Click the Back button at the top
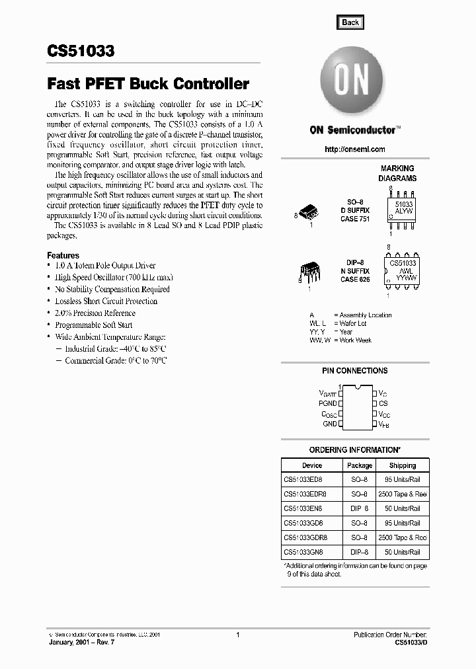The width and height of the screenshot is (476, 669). tap(350, 22)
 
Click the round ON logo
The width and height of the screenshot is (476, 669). tap(350, 81)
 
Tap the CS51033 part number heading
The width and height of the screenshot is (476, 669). tap(81, 52)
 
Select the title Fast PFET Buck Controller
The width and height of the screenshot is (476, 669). tap(147, 84)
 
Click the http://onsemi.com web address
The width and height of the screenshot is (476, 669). tap(355, 149)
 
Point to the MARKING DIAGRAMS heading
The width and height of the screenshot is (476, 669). tap(397, 173)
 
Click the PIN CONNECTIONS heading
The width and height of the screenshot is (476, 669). tap(354, 371)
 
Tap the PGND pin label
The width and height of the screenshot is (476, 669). tap(327, 403)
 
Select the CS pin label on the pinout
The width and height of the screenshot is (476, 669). tap(383, 403)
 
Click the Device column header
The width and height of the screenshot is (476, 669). tap(312, 465)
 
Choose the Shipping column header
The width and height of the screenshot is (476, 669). tap(402, 465)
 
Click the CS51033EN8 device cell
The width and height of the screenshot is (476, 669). tap(305, 509)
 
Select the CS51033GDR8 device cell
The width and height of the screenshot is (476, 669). tap(306, 537)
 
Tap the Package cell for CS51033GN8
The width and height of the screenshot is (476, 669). tap(360, 552)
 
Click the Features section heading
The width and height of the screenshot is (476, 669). tap(63, 255)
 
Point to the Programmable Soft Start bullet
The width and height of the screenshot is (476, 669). tap(93, 325)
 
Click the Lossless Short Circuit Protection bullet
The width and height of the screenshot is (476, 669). tap(106, 301)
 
